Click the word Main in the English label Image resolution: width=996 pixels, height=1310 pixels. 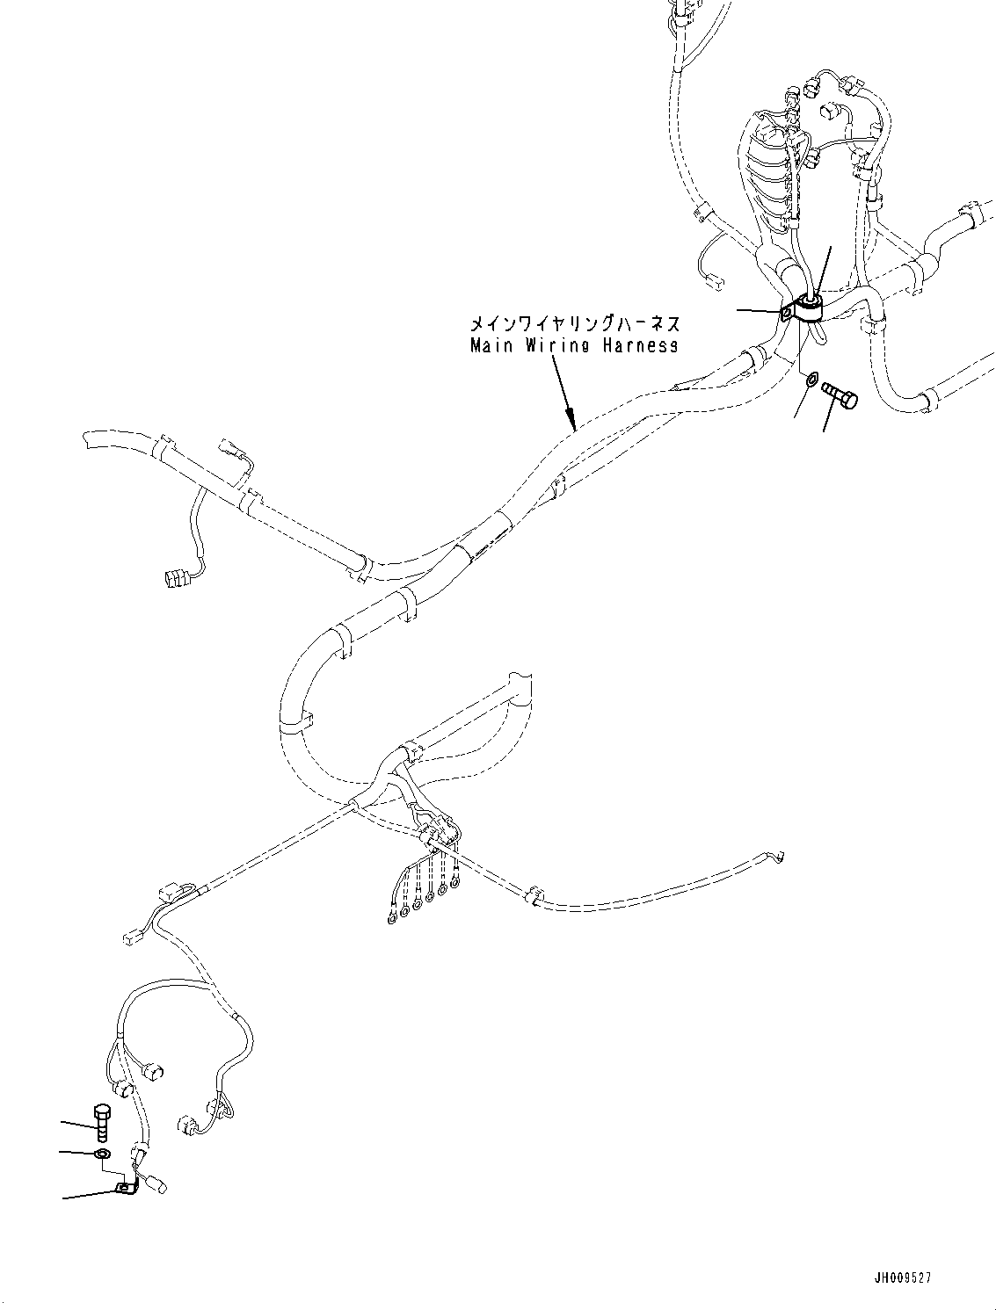coord(487,345)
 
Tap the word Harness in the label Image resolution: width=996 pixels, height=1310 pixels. coord(640,345)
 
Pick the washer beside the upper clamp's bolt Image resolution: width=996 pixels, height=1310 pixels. coord(811,380)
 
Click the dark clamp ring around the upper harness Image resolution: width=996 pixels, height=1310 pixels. coord(810,305)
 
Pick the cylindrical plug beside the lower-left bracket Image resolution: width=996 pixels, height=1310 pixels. coord(159,1185)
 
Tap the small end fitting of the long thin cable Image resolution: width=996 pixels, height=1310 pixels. coord(777,857)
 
